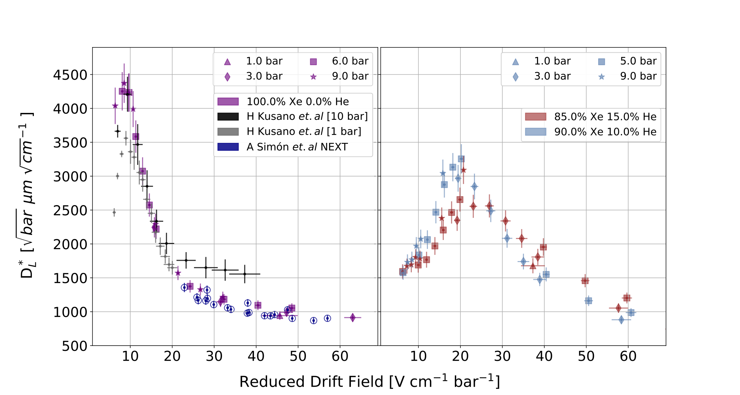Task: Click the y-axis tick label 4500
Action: pos(70,75)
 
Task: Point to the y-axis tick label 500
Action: pos(75,346)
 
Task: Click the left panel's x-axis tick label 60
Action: pos(340,356)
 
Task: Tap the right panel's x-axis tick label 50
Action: pos(586,356)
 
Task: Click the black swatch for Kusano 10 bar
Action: pos(228,117)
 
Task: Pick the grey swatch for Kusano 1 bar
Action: pos(228,132)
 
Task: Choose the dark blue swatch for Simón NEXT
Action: pos(228,147)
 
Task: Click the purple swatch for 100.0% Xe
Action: pos(228,101)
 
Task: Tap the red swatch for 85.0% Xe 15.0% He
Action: pos(535,117)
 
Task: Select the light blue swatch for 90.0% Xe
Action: pos(535,132)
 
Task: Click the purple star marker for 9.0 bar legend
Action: pos(313,77)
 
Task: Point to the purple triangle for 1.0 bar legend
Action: pos(227,62)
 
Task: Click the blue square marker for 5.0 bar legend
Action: pos(602,62)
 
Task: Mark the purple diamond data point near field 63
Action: pos(353,318)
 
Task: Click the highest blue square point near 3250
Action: pos(461,159)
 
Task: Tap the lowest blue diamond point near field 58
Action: pos(621,320)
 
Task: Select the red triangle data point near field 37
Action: pos(533,266)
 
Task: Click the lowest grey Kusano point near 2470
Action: pos(114,212)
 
